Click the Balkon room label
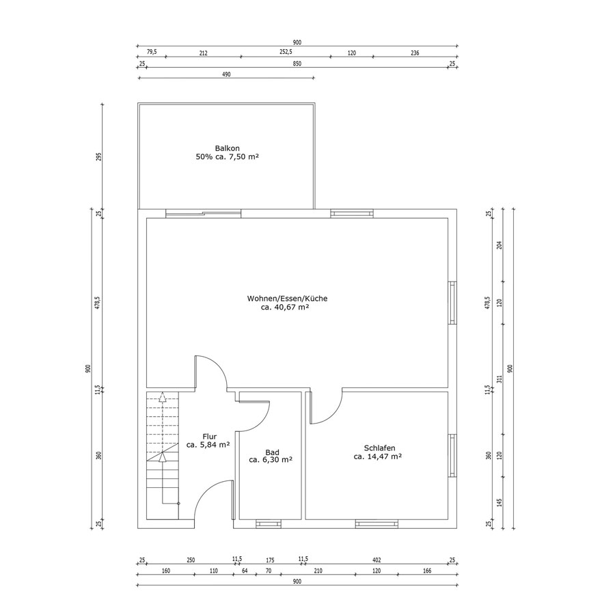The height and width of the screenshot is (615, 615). [227, 148]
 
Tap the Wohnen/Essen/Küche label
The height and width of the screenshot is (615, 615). [287, 299]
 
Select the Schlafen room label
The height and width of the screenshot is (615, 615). [379, 448]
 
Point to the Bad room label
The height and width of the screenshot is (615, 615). [272, 452]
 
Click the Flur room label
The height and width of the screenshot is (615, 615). [210, 437]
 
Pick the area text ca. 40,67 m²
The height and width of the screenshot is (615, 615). [285, 307]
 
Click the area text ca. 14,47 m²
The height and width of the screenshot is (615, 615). [378, 456]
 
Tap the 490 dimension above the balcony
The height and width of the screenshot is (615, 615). [226, 74]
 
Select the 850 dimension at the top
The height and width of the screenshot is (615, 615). [297, 64]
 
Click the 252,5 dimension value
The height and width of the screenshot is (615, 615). [286, 52]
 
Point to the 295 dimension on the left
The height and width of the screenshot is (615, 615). [99, 157]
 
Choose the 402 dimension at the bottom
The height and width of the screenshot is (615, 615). [377, 560]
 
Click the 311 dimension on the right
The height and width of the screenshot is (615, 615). [500, 379]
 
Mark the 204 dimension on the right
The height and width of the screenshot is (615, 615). [500, 245]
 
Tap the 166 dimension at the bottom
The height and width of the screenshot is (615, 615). [426, 571]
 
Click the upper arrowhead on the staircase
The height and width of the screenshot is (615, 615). [162, 396]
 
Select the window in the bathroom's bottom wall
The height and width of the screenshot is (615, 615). [269, 523]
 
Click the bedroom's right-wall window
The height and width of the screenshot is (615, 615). [452, 455]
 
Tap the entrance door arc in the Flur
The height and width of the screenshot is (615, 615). [206, 491]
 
